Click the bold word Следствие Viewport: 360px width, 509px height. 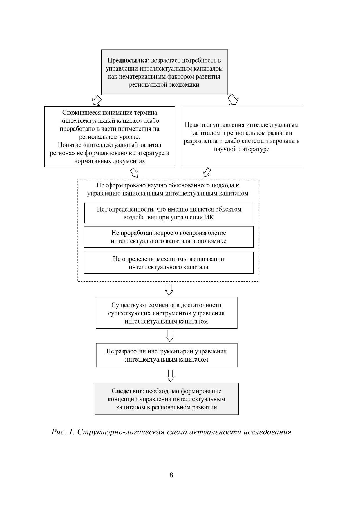127,391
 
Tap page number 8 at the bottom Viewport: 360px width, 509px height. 171,475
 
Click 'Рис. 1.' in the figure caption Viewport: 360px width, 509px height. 63,432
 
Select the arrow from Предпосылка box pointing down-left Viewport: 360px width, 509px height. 96,100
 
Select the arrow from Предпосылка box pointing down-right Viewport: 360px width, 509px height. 233,100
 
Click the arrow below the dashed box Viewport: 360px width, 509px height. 169,289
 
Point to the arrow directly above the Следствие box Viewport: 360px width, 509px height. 170,375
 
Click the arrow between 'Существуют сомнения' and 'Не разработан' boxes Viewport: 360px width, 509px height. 170,335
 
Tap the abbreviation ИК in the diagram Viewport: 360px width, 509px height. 209,217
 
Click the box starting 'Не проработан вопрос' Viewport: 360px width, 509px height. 169,237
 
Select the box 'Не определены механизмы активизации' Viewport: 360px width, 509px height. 169,263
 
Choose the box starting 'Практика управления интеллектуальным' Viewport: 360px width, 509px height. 241,137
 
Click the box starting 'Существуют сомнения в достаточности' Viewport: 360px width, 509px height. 167,313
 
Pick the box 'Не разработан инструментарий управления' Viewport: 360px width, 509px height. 167,355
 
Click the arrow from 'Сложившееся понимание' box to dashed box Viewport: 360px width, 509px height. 134,172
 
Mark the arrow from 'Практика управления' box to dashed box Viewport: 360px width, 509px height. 207,172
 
